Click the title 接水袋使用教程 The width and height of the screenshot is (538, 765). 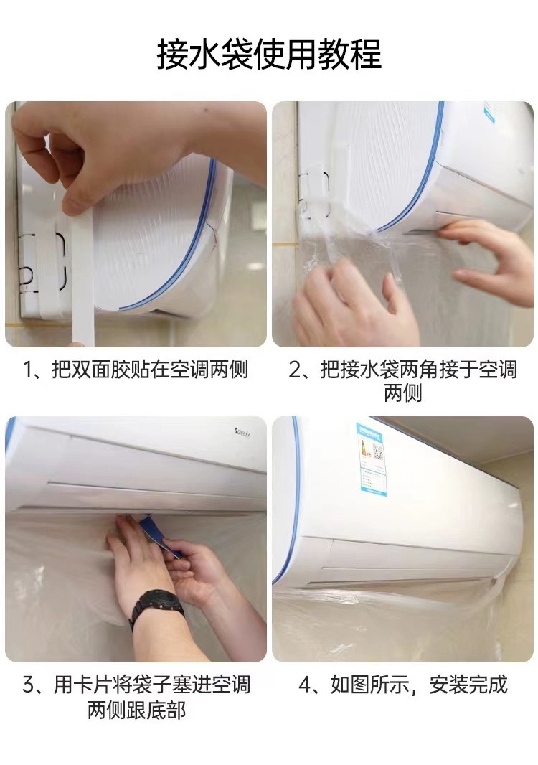click(269, 54)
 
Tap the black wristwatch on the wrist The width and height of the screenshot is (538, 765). click(156, 606)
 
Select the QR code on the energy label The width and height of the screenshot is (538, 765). click(377, 452)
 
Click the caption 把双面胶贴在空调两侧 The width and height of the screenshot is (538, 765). click(150, 370)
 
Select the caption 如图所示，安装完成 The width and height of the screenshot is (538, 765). click(418, 685)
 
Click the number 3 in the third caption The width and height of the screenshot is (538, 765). click(29, 685)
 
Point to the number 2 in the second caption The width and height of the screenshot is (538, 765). click(296, 370)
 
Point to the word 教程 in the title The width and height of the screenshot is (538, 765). click(350, 54)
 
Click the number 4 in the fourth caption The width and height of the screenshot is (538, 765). click(305, 685)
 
